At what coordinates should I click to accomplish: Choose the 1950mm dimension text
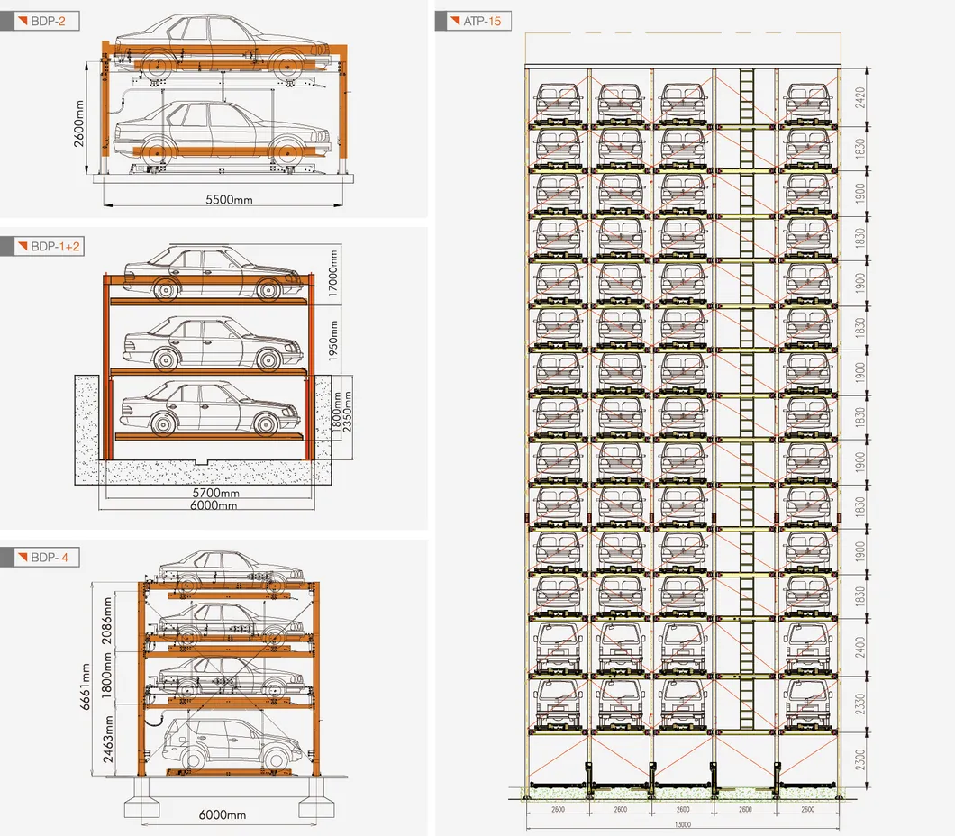pyautogui.click(x=332, y=340)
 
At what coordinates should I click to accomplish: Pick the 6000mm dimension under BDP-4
pyautogui.click(x=222, y=815)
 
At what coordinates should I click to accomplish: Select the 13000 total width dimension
pyautogui.click(x=682, y=824)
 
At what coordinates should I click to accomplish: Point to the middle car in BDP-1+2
pyautogui.click(x=205, y=342)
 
